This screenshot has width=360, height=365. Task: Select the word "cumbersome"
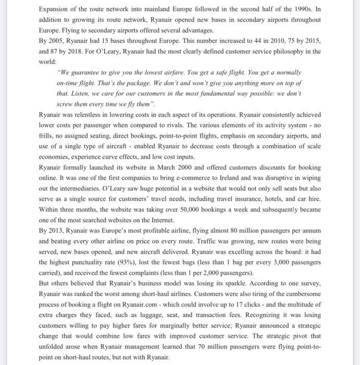tap(303, 295)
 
